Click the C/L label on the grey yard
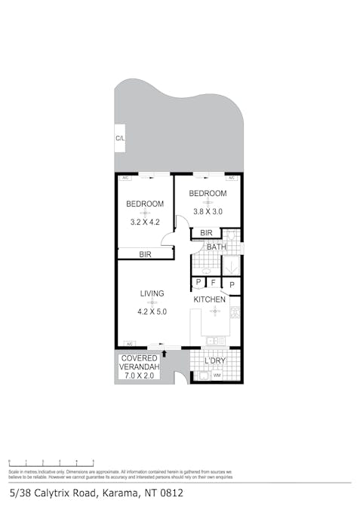pyautogui.click(x=120, y=139)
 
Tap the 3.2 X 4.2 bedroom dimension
pyautogui.click(x=145, y=222)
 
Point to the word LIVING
pyautogui.click(x=152, y=293)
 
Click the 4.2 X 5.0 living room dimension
pyautogui.click(x=152, y=311)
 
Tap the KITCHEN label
pyautogui.click(x=209, y=299)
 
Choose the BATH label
pyautogui.click(x=216, y=247)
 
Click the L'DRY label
pyautogui.click(x=215, y=361)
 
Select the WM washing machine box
pyautogui.click(x=217, y=375)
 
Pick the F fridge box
pyautogui.click(x=214, y=284)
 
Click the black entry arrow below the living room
pyautogui.click(x=164, y=352)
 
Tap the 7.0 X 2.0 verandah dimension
pyautogui.click(x=139, y=375)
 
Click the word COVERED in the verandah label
pyautogui.click(x=140, y=358)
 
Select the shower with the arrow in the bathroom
pyautogui.click(x=231, y=265)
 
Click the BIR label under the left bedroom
pyautogui.click(x=145, y=255)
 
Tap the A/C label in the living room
pyautogui.click(x=129, y=343)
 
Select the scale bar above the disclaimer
pyautogui.click(x=51, y=461)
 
